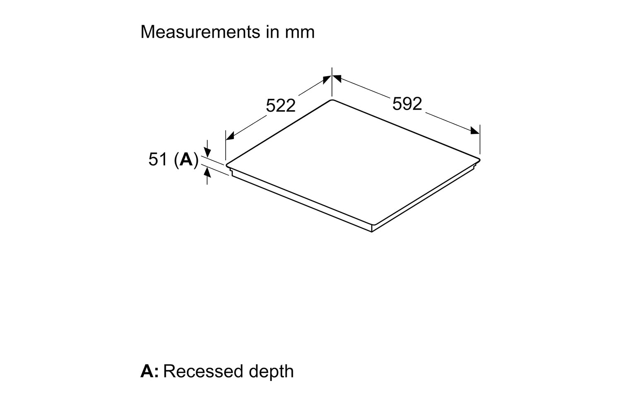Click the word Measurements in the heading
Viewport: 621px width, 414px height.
(200, 32)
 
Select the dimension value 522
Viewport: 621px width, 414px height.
(281, 106)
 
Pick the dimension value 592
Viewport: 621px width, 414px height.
(407, 104)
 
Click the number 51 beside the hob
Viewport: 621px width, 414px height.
(158, 159)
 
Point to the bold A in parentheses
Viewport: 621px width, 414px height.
(186, 159)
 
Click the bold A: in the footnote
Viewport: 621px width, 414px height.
(149, 372)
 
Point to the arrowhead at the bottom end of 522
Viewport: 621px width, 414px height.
(230, 136)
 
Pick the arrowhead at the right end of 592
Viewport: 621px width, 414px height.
(475, 130)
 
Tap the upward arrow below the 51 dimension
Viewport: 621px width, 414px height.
(207, 175)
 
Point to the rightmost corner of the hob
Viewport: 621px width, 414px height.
(479, 160)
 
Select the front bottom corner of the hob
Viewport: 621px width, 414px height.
(372, 231)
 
